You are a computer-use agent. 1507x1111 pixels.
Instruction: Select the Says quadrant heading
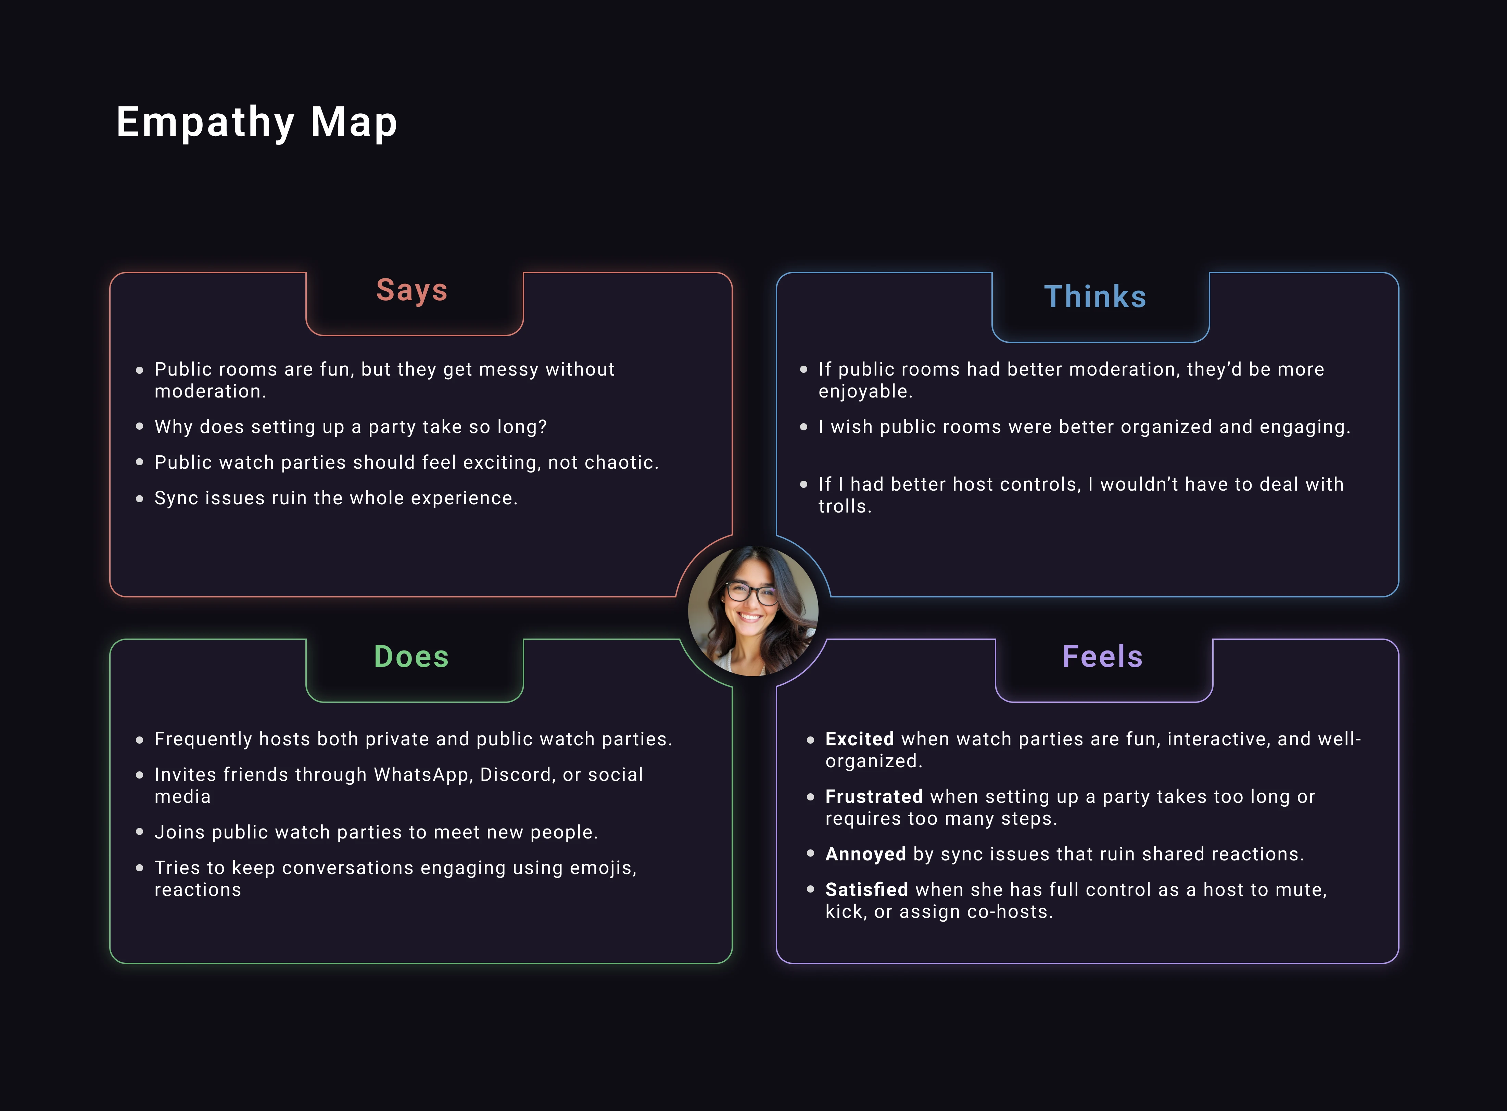411,291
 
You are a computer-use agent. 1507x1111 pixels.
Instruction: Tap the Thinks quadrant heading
1095,296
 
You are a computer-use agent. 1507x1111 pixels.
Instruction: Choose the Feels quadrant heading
1102,656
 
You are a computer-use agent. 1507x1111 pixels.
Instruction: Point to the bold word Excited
859,739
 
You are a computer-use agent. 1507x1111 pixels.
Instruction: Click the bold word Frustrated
874,797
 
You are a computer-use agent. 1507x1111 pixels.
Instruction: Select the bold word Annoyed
865,854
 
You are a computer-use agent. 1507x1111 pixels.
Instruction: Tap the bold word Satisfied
866,890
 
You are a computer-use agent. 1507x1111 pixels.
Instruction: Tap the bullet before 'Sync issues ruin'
139,498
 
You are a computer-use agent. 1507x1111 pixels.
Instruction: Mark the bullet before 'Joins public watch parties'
139,832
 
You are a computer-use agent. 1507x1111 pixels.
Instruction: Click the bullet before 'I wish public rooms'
803,427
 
